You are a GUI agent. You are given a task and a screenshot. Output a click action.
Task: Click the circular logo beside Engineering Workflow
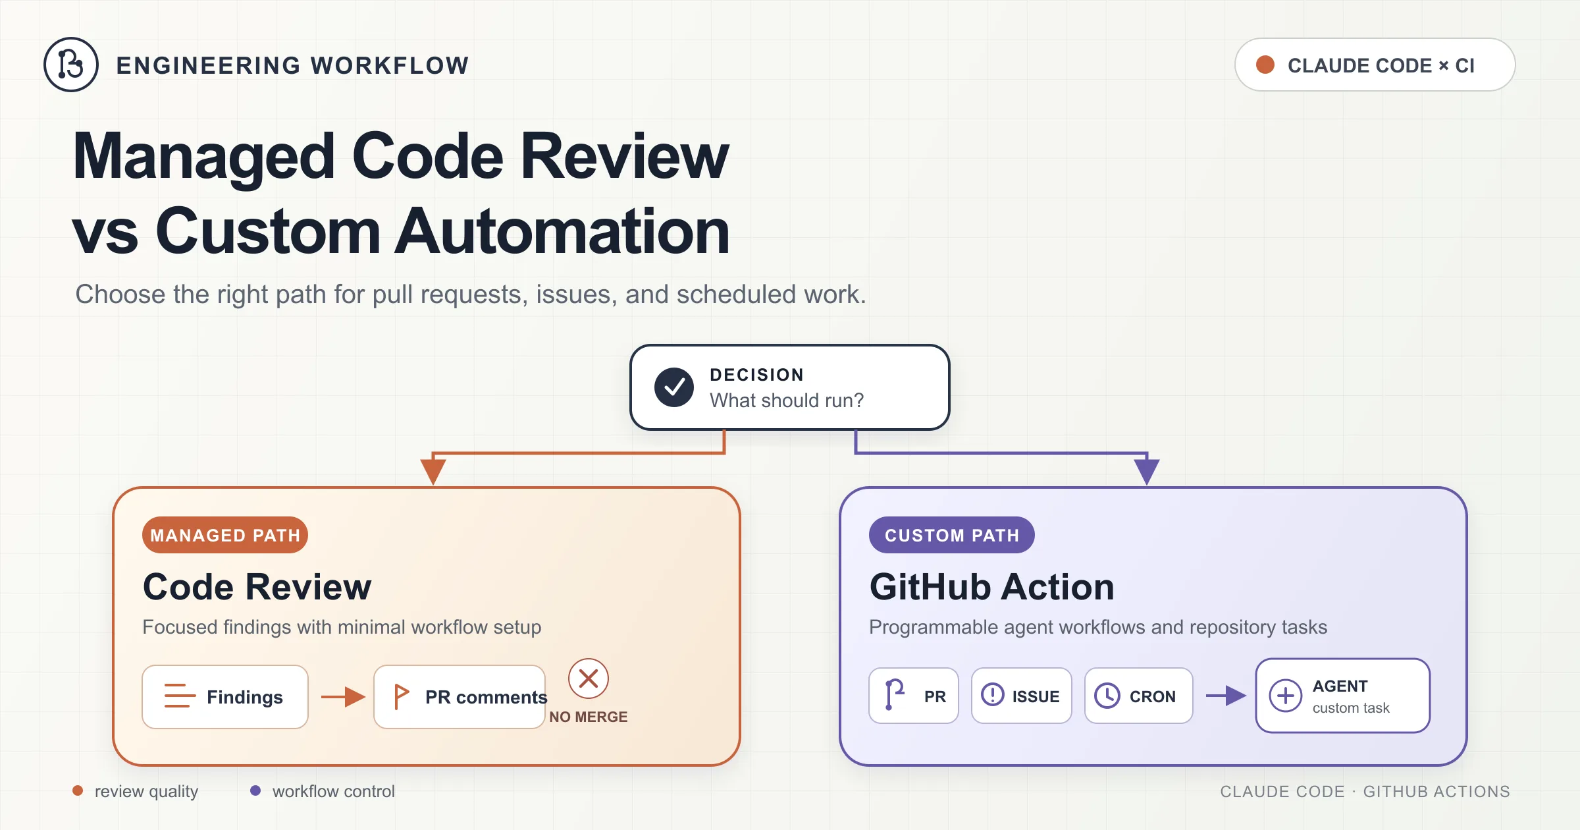tap(71, 65)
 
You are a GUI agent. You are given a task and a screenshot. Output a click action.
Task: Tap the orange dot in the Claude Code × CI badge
tap(1265, 65)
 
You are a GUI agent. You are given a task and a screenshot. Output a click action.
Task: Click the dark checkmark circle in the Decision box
tap(673, 387)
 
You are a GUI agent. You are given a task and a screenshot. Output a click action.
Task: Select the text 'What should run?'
tap(786, 401)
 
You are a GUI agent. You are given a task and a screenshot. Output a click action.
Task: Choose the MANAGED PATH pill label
tap(225, 535)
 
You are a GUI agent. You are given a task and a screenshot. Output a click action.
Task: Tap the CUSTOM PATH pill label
tap(951, 535)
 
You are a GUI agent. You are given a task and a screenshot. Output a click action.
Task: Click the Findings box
tap(225, 697)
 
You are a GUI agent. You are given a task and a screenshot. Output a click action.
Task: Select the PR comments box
tap(460, 697)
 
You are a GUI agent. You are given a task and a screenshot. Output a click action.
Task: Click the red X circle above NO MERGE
tap(589, 678)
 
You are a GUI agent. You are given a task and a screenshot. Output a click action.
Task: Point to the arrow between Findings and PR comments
tap(343, 696)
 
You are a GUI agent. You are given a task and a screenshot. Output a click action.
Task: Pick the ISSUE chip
tap(1021, 696)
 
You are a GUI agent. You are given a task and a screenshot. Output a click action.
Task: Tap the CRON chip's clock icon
tap(1107, 696)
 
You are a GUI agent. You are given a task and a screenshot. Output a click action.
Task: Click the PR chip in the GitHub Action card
tap(914, 696)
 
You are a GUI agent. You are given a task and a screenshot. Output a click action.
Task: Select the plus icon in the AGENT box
tap(1286, 696)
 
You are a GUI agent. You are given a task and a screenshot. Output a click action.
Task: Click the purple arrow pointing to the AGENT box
tap(1226, 696)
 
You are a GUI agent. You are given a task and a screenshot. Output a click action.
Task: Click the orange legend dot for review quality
tap(78, 790)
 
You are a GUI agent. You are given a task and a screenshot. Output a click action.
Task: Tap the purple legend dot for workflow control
tap(255, 790)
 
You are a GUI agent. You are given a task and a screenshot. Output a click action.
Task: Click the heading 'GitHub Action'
tap(991, 586)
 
